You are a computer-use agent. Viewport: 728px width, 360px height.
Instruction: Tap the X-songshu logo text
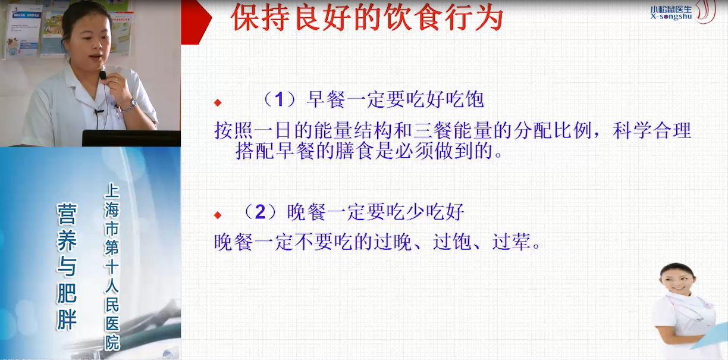[671, 16]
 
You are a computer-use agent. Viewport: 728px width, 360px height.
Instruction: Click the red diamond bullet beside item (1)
[218, 103]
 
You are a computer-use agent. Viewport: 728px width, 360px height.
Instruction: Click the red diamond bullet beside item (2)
[218, 215]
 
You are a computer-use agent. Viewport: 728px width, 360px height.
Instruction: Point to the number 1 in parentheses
[279, 99]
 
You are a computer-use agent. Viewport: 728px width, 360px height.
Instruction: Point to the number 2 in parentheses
[260, 212]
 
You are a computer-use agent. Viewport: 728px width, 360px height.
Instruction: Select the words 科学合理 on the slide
[652, 130]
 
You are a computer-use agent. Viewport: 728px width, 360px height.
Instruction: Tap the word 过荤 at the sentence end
[512, 242]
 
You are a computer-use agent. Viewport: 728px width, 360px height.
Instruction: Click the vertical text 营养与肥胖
[67, 267]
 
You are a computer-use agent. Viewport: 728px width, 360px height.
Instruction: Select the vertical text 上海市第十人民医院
[112, 267]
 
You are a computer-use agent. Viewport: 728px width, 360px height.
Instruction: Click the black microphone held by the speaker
[103, 76]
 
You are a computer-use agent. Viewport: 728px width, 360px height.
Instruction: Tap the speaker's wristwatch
[132, 105]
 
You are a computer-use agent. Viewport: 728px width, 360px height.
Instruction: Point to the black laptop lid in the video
[131, 138]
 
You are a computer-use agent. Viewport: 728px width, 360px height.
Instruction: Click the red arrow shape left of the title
[196, 21]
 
